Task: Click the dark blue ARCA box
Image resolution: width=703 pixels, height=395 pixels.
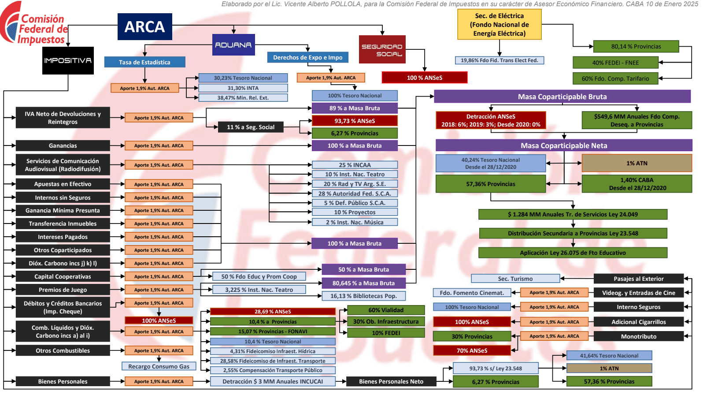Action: click(144, 27)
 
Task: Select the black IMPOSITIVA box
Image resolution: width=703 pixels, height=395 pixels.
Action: click(68, 60)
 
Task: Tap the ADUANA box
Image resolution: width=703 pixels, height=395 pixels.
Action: click(233, 45)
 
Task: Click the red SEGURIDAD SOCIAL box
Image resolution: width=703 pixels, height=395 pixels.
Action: click(382, 49)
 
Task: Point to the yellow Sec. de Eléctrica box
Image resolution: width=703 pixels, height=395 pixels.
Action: click(499, 25)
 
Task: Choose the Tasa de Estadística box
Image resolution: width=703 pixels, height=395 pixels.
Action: click(144, 62)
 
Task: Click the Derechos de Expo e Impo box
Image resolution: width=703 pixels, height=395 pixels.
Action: click(307, 57)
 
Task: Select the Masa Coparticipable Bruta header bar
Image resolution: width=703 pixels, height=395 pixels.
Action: click(562, 97)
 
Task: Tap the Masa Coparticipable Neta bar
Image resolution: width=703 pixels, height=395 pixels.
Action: click(564, 145)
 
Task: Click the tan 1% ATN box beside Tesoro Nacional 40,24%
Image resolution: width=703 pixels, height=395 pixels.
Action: click(637, 163)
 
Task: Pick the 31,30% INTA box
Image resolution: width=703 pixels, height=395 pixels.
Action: click(243, 88)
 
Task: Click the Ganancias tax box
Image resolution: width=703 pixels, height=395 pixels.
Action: click(63, 145)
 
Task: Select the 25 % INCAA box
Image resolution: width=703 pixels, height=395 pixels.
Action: click(355, 165)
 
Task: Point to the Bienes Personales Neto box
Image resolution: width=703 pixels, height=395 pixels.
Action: click(391, 381)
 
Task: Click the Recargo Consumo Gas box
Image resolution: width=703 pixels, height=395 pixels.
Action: click(159, 366)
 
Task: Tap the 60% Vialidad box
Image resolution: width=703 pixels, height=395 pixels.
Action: click(386, 310)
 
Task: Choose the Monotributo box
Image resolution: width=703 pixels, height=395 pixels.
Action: click(639, 336)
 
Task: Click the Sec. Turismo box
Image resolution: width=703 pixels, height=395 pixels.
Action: click(515, 279)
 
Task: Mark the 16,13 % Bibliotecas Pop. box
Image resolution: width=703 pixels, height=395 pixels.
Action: click(363, 296)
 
